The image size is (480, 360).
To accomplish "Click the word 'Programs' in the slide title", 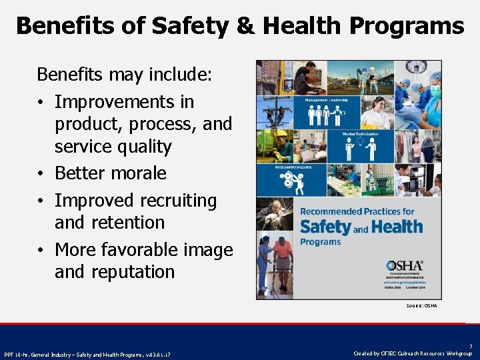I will [x=409, y=27].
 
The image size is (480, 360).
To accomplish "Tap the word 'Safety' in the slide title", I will [x=189, y=26].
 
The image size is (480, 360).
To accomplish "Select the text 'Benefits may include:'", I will [x=125, y=74].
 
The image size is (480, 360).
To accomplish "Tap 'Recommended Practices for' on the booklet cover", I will [x=357, y=211].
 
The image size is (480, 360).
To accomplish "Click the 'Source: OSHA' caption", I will [x=421, y=306].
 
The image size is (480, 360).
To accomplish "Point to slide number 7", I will [x=471, y=347].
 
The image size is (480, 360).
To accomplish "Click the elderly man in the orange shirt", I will [x=283, y=263].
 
